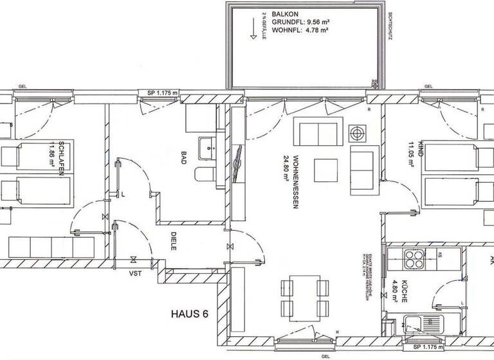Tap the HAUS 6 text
tap(190, 314)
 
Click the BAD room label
tap(183, 158)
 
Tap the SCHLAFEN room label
tap(62, 158)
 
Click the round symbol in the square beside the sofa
tap(357, 134)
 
